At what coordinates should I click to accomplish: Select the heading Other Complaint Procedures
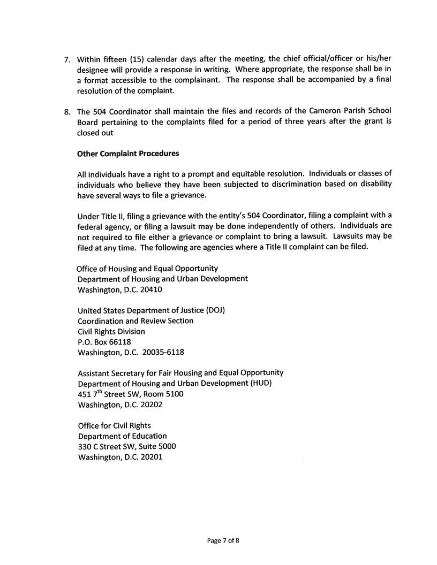click(x=128, y=154)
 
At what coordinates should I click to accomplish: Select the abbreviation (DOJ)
click(x=214, y=310)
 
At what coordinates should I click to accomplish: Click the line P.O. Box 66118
click(x=104, y=341)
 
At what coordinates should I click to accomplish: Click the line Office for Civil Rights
click(x=114, y=426)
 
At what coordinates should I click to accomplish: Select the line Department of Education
click(x=122, y=436)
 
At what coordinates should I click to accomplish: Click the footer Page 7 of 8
click(x=223, y=541)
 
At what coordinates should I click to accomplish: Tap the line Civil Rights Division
click(x=111, y=331)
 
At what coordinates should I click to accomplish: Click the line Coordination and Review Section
click(x=135, y=320)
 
